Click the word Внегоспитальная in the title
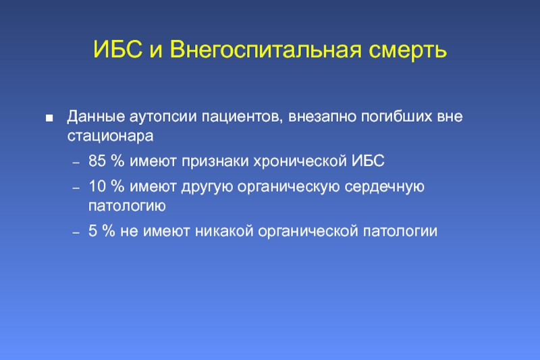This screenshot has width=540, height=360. point(265,50)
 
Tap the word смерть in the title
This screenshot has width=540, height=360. point(408,50)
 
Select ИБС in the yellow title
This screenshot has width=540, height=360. point(117,49)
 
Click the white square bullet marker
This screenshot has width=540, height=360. point(49,118)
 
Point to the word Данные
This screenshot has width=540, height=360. point(96,116)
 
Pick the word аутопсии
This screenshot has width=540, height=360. point(163,117)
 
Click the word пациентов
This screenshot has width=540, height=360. point(242,117)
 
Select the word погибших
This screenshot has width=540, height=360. point(396,116)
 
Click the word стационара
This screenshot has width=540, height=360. point(110,136)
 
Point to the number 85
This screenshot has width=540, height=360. point(97,161)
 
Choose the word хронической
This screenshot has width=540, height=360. point(300,161)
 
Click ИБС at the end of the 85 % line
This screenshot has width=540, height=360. point(368,161)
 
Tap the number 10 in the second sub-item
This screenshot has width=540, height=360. point(97,186)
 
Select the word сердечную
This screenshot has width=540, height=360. point(384,186)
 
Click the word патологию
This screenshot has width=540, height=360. point(127,205)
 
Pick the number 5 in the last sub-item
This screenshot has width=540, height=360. point(92,231)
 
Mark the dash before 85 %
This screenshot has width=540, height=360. point(76,163)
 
